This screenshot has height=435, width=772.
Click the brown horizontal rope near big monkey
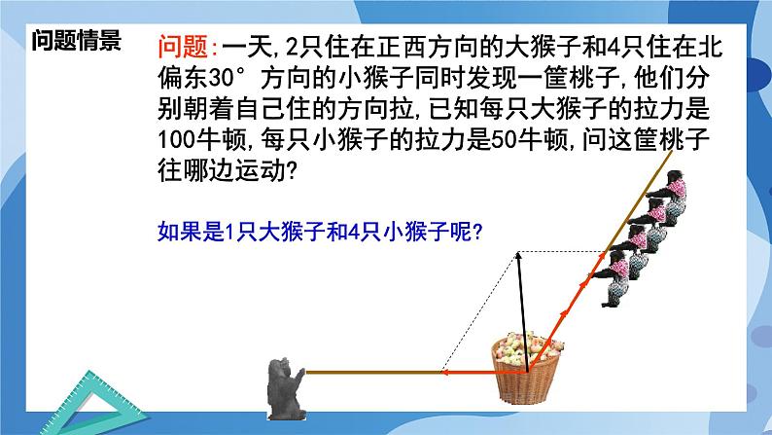[x=369, y=371]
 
